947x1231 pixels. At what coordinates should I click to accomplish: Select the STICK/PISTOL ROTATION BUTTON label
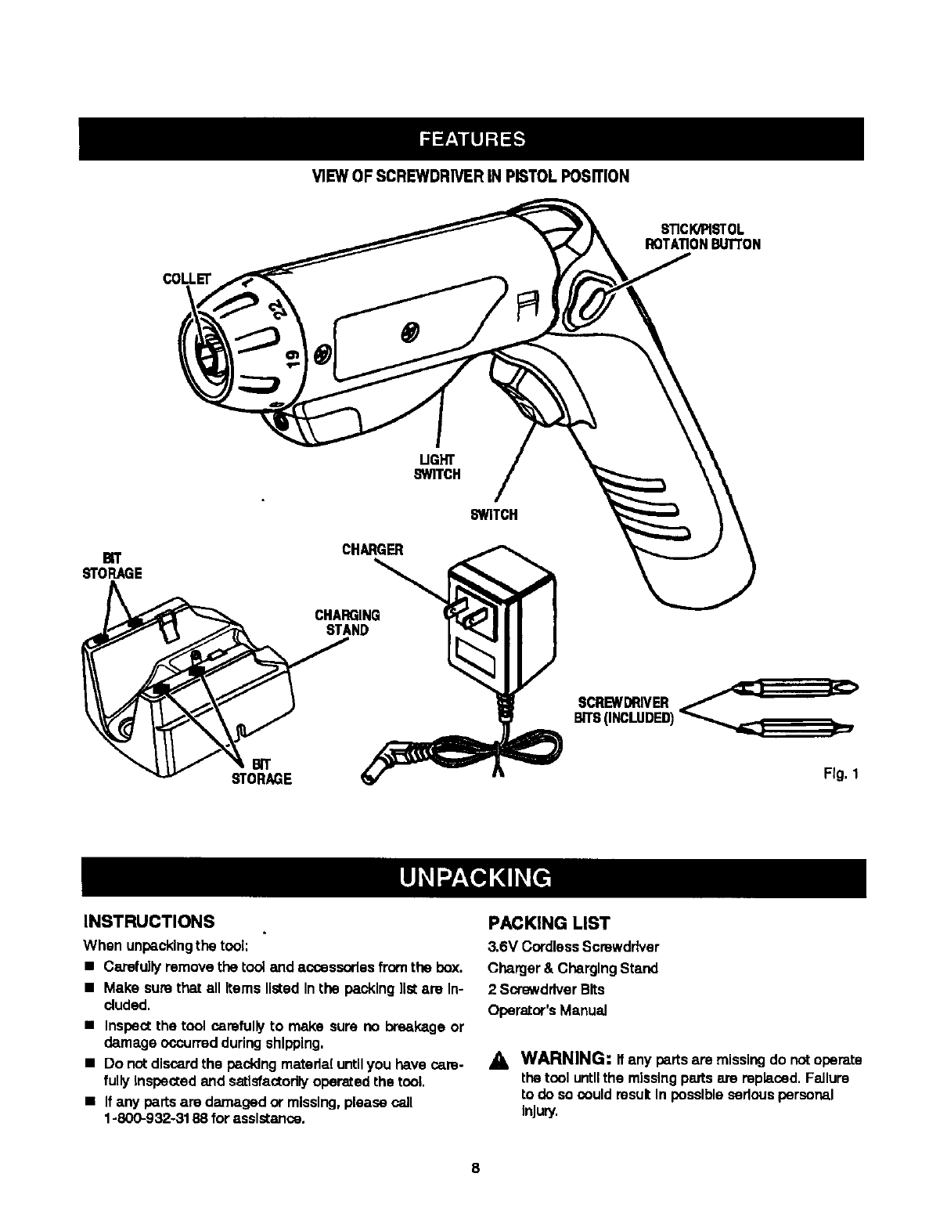[701, 236]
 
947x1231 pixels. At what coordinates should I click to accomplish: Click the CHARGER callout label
[373, 550]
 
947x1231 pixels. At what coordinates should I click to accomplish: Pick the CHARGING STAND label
[347, 623]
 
